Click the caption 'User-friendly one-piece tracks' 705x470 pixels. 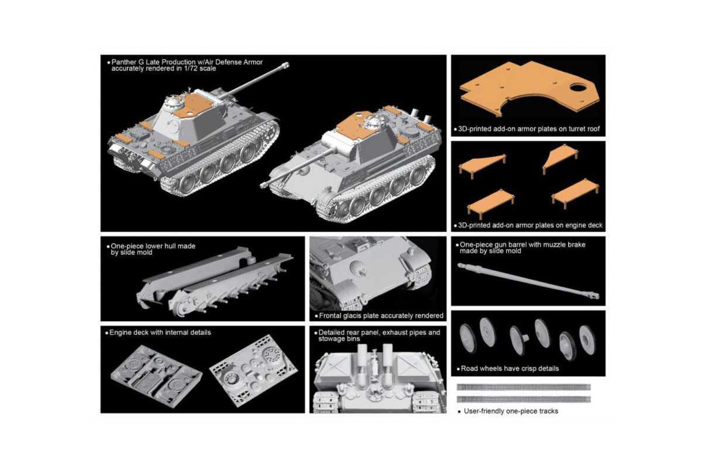(511, 411)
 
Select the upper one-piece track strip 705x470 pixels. (523, 387)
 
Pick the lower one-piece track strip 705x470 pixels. (523, 399)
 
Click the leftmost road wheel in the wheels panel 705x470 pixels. (468, 338)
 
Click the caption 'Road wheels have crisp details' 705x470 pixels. (509, 369)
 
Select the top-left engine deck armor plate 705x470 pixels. (482, 164)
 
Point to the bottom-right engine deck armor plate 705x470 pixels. (574, 192)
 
